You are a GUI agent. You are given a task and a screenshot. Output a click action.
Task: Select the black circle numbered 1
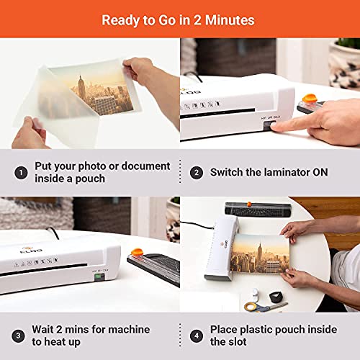click(x=22, y=173)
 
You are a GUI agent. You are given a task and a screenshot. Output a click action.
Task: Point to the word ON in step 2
click(x=330, y=173)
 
